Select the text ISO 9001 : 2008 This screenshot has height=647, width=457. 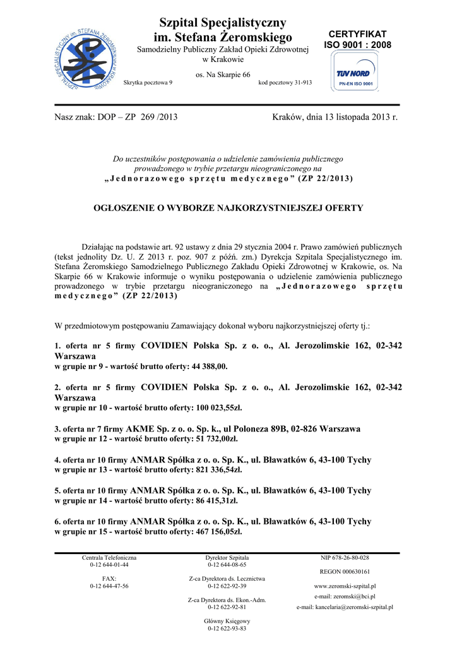click(x=358, y=45)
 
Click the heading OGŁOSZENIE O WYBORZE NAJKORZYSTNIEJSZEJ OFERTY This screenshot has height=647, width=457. click(x=228, y=208)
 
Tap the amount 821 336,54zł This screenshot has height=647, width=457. click(x=217, y=469)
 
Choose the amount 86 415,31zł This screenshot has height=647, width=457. click(x=215, y=500)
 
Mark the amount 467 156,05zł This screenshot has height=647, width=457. click(x=217, y=531)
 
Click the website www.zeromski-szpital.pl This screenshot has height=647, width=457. click(x=345, y=586)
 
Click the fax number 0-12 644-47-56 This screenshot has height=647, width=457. click(x=109, y=586)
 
